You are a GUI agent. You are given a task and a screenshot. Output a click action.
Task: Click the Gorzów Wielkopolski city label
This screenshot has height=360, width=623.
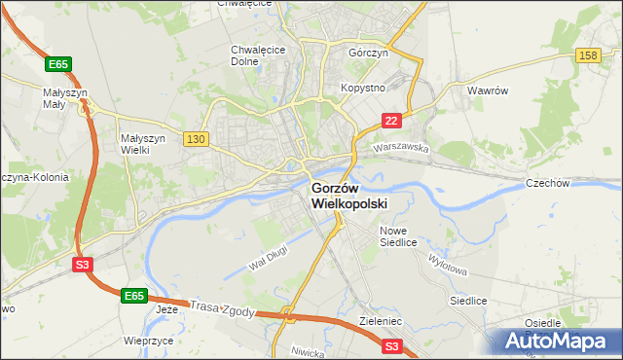click(x=348, y=196)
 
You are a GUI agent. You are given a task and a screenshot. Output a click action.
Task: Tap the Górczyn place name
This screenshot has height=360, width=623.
click(x=369, y=54)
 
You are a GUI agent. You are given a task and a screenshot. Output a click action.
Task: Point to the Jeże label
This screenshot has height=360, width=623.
click(x=167, y=309)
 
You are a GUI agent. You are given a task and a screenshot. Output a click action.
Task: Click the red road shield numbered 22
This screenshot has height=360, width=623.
click(x=390, y=120)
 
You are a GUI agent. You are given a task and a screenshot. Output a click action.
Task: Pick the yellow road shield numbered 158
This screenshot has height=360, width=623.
click(x=587, y=56)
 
